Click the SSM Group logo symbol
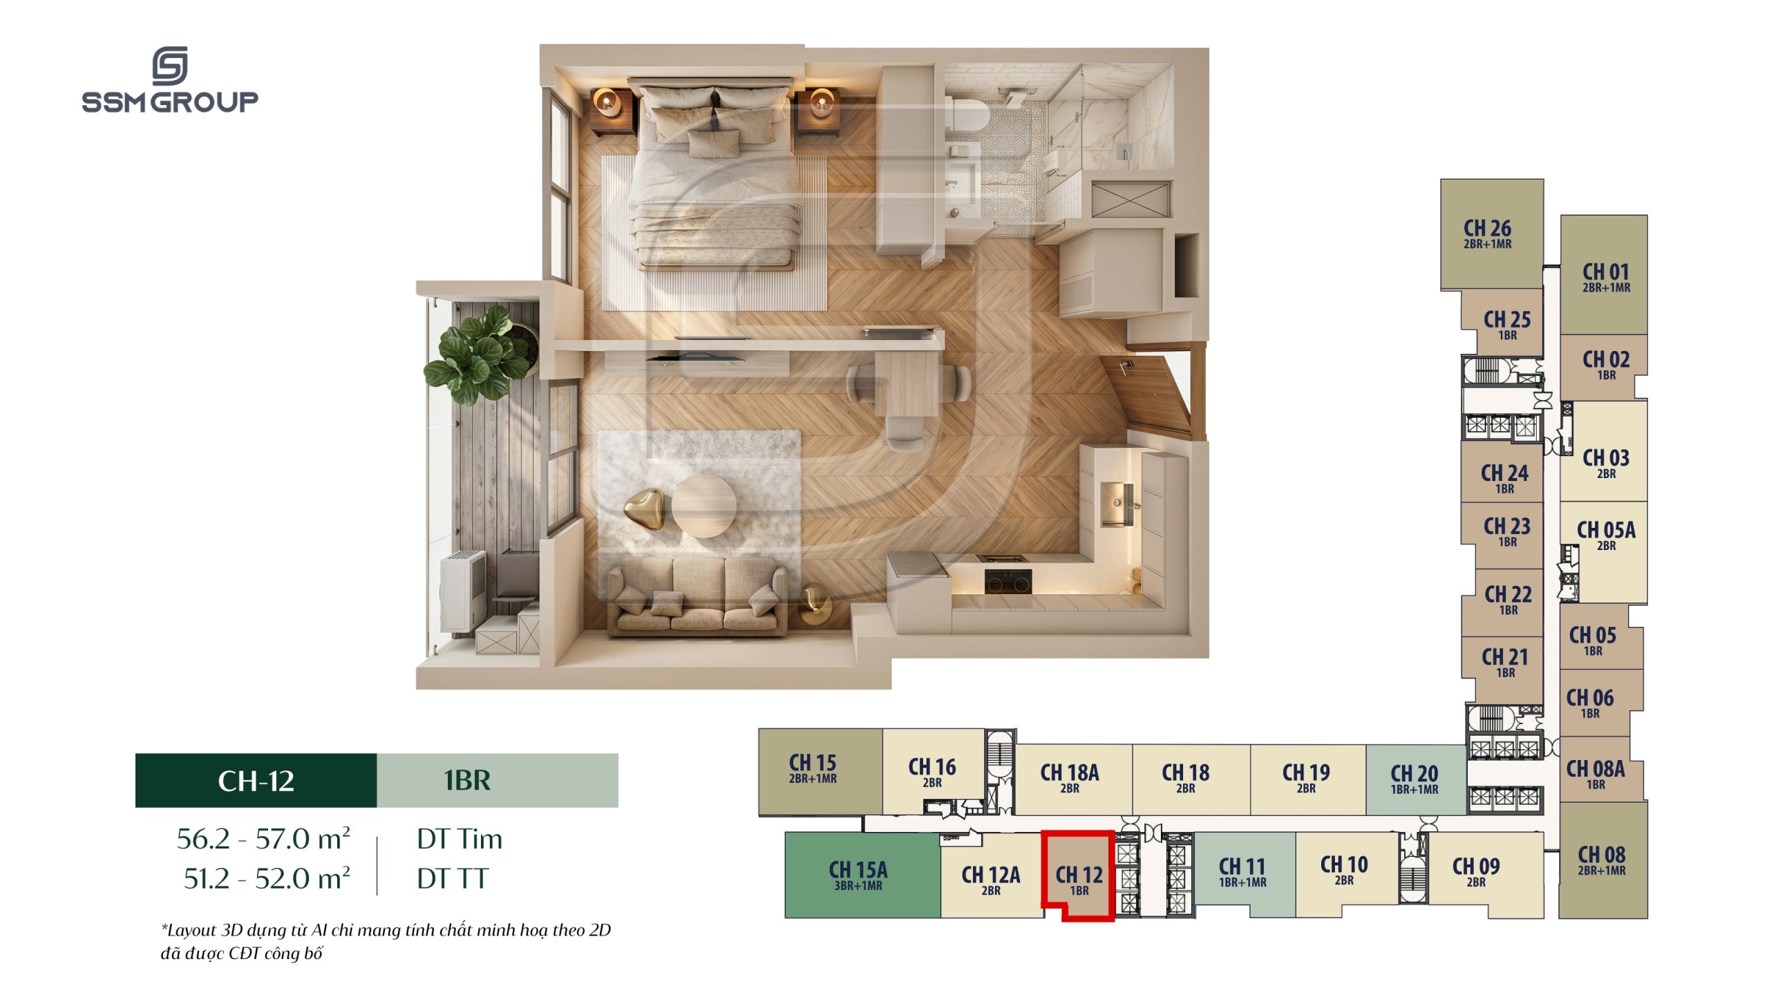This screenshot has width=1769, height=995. (x=170, y=66)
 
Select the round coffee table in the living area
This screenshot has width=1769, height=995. (x=703, y=505)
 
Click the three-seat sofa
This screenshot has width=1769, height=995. (x=697, y=596)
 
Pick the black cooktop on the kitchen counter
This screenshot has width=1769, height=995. (x=1008, y=580)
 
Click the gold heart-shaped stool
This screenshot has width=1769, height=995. (x=644, y=509)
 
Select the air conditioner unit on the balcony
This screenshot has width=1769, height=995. (x=462, y=591)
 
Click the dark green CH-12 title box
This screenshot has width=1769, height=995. (x=256, y=780)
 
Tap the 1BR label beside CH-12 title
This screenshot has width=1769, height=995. (x=467, y=780)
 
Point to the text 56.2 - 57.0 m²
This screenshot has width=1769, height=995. (x=263, y=839)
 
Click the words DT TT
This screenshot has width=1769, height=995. (x=453, y=879)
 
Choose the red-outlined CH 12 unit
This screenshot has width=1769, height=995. (x=1078, y=875)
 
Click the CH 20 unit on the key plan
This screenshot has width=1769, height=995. (x=1415, y=779)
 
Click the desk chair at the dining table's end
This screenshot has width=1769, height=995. (x=904, y=432)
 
